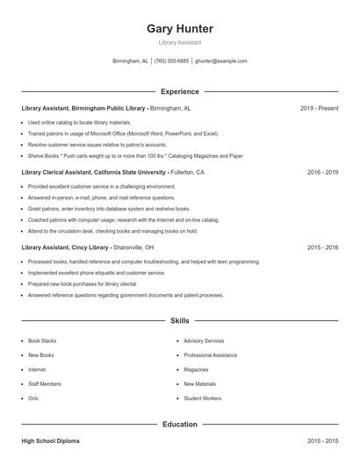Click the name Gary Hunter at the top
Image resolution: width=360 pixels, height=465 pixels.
point(179,28)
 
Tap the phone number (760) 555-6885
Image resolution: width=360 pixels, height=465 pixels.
point(172,61)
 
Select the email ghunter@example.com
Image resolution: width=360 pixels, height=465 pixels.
point(221,61)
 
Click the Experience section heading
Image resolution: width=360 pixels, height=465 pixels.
point(179,91)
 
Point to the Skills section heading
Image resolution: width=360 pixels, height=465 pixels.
point(179,321)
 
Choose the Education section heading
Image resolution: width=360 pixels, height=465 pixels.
point(179,424)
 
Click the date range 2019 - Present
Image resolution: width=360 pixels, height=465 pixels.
point(319,108)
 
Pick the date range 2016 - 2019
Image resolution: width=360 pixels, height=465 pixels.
point(322,173)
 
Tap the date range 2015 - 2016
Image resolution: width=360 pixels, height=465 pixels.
point(322,247)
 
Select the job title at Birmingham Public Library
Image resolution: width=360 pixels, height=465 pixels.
point(83,108)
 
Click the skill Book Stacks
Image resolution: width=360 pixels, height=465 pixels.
point(42,340)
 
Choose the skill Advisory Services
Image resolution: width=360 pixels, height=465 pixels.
point(204,340)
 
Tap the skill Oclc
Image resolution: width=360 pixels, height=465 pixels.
point(33,398)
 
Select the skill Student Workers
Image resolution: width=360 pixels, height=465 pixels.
point(202,398)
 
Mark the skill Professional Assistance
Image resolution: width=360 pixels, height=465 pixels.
point(210,355)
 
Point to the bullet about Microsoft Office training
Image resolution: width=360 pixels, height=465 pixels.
point(123,133)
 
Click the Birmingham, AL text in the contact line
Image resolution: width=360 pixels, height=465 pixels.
point(130,61)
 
